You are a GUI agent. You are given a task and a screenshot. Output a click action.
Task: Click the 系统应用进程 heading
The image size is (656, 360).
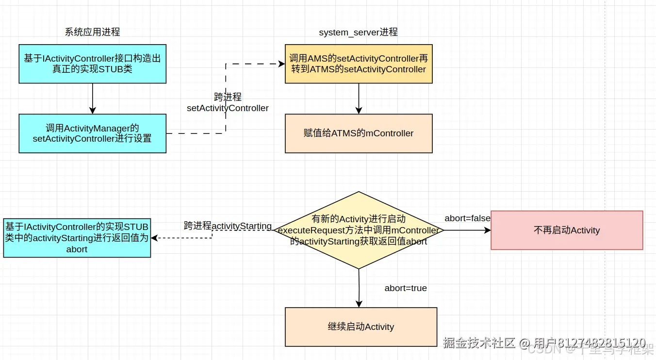click(92, 32)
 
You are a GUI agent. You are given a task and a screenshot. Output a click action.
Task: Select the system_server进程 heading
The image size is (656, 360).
click(358, 32)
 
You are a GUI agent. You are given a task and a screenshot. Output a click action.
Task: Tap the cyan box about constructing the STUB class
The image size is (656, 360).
click(92, 64)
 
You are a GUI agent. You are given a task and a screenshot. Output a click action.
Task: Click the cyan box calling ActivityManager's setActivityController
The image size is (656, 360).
click(92, 133)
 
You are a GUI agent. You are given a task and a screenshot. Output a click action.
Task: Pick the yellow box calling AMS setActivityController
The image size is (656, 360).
click(359, 64)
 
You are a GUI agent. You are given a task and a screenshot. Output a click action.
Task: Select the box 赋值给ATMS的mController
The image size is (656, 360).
click(359, 133)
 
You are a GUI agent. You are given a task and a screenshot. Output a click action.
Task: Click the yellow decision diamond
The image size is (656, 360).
click(359, 230)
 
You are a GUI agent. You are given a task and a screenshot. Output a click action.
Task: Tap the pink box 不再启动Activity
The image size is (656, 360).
click(567, 230)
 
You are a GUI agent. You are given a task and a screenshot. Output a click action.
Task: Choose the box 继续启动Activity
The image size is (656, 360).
click(361, 327)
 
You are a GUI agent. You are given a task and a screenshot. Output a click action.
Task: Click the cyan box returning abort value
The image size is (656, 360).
click(77, 238)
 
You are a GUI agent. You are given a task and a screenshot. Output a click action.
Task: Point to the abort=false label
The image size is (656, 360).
click(467, 218)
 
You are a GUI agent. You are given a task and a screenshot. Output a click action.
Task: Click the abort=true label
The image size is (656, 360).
click(406, 288)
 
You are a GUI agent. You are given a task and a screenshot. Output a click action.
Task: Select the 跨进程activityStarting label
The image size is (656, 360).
click(228, 226)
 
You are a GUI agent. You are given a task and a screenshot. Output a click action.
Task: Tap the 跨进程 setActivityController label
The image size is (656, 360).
click(228, 103)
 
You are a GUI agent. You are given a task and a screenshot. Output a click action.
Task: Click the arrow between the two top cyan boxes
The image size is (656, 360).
click(92, 98)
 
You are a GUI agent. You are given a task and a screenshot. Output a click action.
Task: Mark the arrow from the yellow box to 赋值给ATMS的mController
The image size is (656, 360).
click(359, 98)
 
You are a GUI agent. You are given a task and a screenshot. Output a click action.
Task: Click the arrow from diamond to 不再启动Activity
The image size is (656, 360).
click(466, 230)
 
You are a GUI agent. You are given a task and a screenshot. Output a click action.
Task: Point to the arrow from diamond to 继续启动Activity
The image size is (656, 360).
click(359, 288)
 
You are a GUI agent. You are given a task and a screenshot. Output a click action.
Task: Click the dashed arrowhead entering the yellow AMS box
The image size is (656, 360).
click(281, 64)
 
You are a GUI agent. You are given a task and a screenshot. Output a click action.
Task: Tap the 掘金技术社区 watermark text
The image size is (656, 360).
click(479, 343)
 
